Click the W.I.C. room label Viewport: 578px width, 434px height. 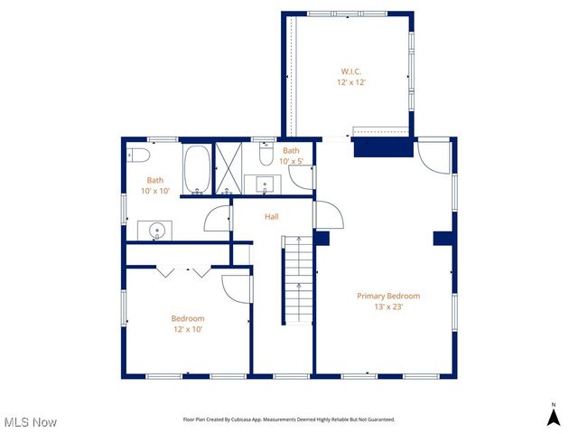point(352,71)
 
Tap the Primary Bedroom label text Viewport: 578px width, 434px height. point(388,296)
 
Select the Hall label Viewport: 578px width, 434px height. point(272,217)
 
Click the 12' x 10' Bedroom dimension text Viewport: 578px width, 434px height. point(188,329)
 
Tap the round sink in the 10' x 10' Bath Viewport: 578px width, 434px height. point(159,230)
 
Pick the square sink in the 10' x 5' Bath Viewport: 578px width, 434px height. point(266,186)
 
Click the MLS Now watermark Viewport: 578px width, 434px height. point(30,422)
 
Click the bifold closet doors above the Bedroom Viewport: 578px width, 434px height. point(184,270)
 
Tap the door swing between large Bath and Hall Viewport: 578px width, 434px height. point(219,218)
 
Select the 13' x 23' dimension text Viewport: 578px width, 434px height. point(388,307)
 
